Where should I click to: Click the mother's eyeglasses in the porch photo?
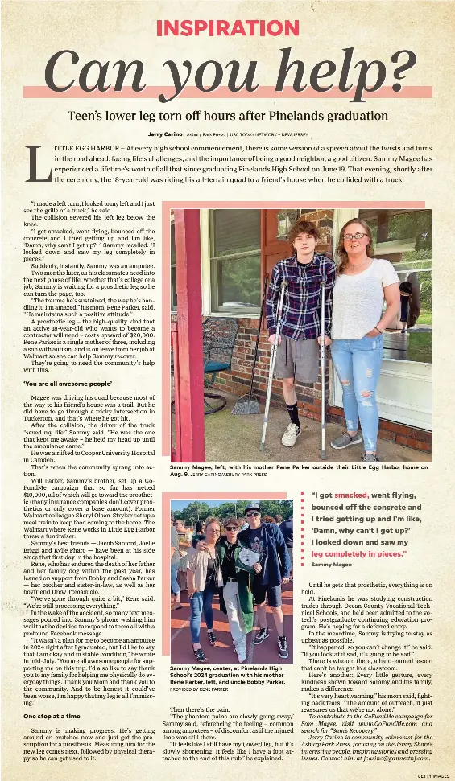click(x=355, y=236)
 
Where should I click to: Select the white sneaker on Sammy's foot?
click(x=291, y=434)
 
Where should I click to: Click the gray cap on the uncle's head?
click(x=251, y=508)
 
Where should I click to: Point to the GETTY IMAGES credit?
click(x=432, y=775)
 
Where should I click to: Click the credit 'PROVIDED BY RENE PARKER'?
click(x=199, y=689)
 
